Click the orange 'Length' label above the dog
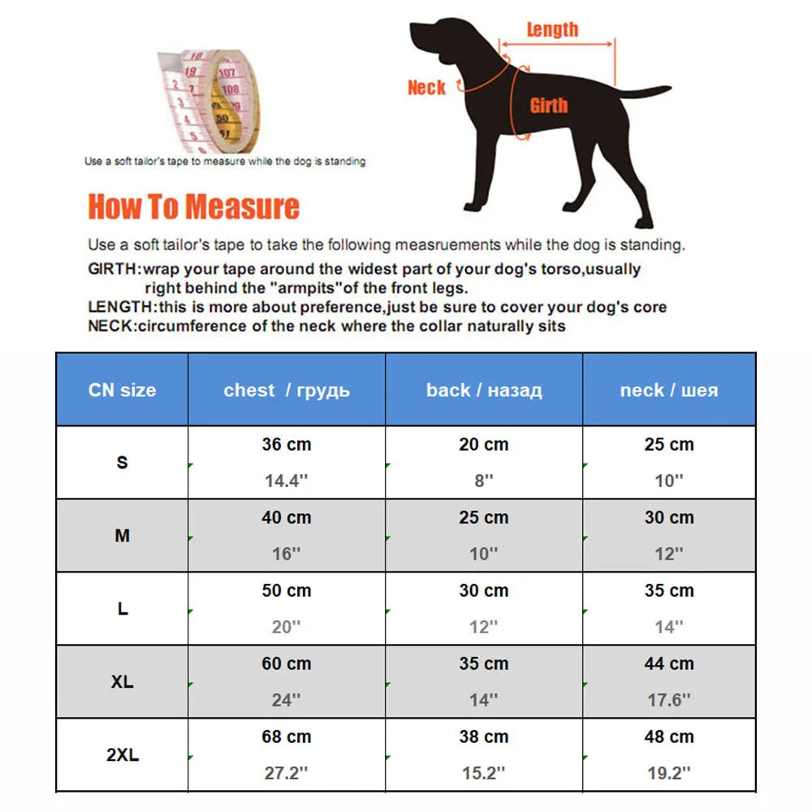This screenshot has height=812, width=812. [552, 29]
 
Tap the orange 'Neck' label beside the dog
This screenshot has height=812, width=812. [426, 88]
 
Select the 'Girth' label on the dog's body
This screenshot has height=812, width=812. [549, 105]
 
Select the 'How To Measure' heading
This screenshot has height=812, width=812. [194, 206]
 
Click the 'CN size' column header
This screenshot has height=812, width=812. [123, 390]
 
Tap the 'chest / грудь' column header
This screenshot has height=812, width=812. [287, 390]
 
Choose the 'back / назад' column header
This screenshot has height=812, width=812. [484, 390]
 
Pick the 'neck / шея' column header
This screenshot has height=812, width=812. [669, 390]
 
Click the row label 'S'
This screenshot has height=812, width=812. [123, 462]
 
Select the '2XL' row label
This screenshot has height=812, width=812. [123, 754]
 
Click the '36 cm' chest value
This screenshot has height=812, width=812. [287, 444]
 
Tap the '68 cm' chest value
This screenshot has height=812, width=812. [287, 736]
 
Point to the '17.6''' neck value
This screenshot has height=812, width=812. [669, 700]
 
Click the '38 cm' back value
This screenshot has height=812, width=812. [484, 736]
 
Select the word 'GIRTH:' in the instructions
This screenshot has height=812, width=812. [114, 269]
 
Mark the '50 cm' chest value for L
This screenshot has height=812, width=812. [287, 590]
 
